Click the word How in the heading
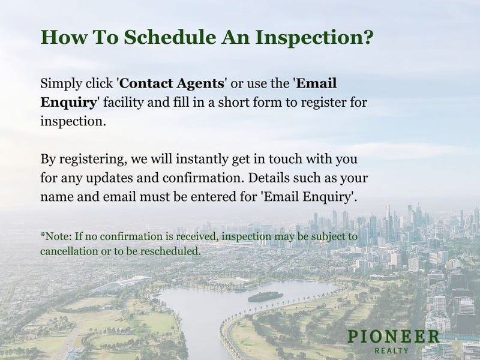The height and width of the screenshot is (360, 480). tap(64, 37)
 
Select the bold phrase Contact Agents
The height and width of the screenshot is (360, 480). tap(172, 83)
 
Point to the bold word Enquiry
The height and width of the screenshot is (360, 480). tap(68, 103)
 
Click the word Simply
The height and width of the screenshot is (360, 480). tap(61, 84)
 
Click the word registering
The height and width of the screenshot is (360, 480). tap(93, 160)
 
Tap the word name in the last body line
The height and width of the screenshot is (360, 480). tap(57, 197)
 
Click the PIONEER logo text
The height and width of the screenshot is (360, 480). tap(394, 337)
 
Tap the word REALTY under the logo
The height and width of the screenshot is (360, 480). tap(392, 350)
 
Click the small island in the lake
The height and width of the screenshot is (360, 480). tap(265, 296)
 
